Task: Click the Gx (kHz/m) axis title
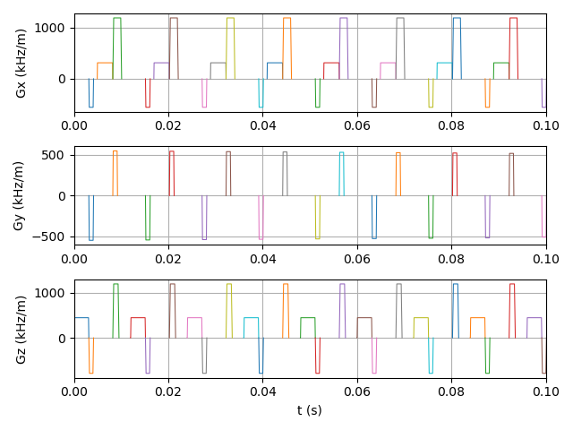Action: (20, 63)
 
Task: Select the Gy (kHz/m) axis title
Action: (20, 196)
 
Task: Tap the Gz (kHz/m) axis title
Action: (20, 329)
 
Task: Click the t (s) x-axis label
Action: (310, 410)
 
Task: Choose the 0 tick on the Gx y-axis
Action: (64, 79)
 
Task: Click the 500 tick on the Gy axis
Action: (56, 155)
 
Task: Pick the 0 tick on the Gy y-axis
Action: (64, 196)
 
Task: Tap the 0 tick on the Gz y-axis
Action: (64, 339)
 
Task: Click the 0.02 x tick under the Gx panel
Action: (168, 125)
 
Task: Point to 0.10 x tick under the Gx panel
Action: (545, 125)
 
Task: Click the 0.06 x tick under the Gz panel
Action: (357, 391)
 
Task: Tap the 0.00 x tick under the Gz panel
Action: (74, 391)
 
